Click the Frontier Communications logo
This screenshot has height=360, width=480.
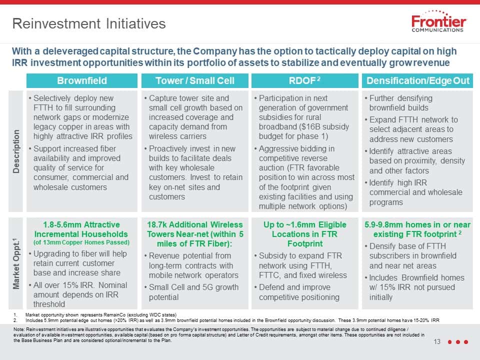click(438, 21)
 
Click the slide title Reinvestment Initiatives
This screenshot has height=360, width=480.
click(89, 23)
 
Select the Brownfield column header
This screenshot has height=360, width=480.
click(82, 80)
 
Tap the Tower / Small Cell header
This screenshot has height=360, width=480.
click(194, 80)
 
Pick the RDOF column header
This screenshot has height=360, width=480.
click(304, 80)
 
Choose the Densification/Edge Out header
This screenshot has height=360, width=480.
click(418, 80)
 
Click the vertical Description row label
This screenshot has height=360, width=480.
click(16, 151)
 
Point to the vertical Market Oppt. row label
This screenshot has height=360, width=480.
click(16, 263)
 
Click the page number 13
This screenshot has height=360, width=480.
click(437, 341)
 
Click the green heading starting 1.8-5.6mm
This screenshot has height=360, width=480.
click(81, 229)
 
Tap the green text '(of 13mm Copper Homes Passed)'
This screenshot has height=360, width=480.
click(81, 242)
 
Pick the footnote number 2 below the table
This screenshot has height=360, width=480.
click(15, 320)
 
